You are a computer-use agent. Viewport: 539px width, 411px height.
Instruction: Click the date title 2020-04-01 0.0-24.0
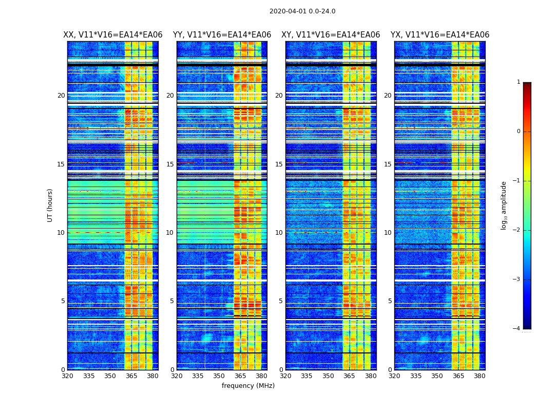pos(302,11)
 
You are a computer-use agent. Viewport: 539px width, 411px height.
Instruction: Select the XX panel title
pos(112,35)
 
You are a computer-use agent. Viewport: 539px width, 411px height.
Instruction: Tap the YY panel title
pos(222,35)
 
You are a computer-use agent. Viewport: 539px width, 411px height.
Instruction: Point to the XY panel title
pos(331,35)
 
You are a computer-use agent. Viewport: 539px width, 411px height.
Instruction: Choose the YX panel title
pos(440,35)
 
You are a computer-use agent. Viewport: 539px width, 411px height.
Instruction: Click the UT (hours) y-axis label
pos(50,205)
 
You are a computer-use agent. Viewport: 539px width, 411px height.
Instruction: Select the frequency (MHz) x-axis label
pos(248,386)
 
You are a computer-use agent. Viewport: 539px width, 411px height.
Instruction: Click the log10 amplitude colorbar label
pos(504,205)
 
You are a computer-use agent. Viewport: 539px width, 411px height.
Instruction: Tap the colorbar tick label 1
pos(518,82)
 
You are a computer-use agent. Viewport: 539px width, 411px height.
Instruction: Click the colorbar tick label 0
pos(518,132)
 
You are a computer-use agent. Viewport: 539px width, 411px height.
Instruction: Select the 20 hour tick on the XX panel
pos(61,96)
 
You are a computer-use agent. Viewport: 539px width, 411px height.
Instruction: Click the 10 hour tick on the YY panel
pos(170,233)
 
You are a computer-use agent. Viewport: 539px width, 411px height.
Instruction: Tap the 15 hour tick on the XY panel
pos(279,164)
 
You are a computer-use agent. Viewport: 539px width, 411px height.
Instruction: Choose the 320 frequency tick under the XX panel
pos(67,376)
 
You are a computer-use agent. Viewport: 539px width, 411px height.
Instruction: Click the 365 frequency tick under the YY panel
pos(240,376)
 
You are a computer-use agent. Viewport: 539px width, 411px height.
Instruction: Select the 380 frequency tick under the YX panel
pos(479,376)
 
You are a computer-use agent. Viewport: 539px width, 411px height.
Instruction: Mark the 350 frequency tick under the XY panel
pos(328,376)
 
